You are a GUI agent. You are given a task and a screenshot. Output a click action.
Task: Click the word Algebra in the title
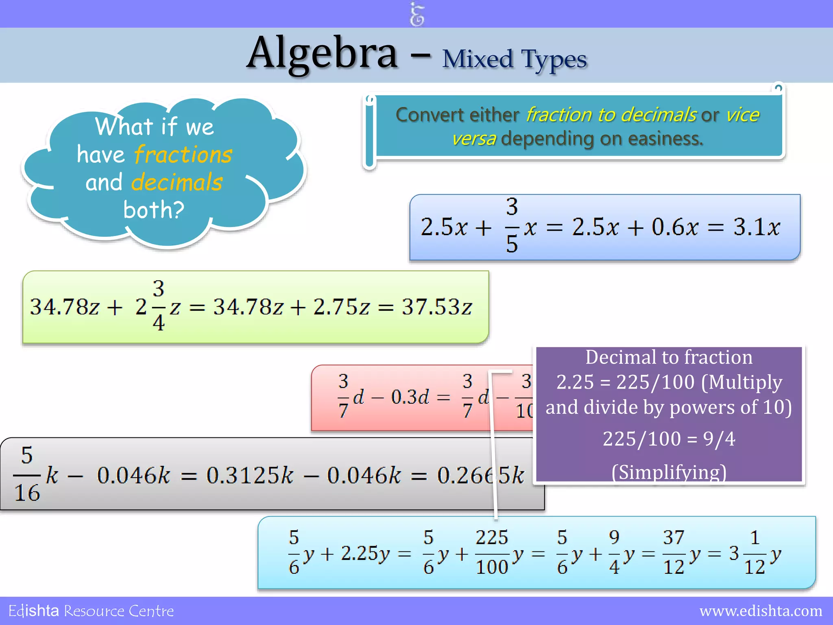[322, 54]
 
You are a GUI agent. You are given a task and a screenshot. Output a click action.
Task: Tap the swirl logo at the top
[417, 15]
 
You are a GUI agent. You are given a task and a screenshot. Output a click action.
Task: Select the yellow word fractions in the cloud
[183, 155]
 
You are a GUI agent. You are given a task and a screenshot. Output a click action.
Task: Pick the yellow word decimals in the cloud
[177, 182]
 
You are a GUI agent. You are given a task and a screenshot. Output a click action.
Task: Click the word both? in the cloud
[154, 210]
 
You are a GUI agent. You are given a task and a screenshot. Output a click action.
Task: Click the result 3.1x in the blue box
[757, 227]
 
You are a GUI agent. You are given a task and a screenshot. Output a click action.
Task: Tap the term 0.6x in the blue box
[675, 227]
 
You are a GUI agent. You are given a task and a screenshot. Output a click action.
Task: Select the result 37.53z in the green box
[437, 307]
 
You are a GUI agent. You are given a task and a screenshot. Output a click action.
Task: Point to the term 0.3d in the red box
[410, 397]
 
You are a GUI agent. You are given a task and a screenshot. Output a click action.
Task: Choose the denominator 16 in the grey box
[27, 493]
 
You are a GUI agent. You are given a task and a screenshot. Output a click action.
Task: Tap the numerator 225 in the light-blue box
[492, 538]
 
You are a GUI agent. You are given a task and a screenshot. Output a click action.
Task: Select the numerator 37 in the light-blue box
[674, 538]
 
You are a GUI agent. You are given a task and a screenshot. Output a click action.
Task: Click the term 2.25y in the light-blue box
[365, 553]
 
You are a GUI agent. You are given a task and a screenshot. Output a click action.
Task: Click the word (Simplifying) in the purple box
[669, 472]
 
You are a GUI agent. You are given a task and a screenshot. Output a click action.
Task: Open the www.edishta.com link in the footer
[761, 611]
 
